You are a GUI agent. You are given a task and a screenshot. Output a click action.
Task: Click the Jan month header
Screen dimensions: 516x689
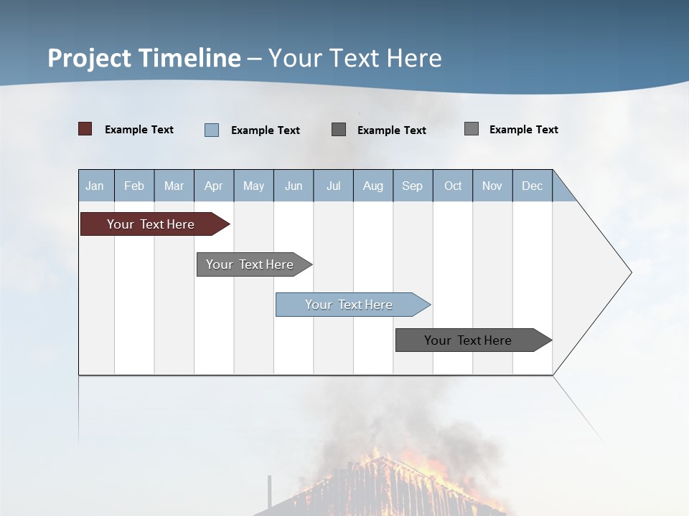pyautogui.click(x=95, y=186)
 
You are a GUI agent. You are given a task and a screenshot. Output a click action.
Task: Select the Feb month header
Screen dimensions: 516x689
pyautogui.click(x=134, y=186)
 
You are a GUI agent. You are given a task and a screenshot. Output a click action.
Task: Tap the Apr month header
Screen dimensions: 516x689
pyautogui.click(x=213, y=186)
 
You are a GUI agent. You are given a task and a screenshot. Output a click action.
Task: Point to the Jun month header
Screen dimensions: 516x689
pyautogui.click(x=294, y=186)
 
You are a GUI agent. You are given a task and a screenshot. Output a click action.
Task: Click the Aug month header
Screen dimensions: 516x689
pyautogui.click(x=373, y=186)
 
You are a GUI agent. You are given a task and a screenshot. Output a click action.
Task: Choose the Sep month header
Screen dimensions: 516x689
pyautogui.click(x=413, y=186)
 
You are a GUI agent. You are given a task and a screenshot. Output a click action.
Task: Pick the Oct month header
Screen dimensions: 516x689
pyautogui.click(x=453, y=186)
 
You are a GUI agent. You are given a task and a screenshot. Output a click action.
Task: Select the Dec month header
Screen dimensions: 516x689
pyautogui.click(x=533, y=186)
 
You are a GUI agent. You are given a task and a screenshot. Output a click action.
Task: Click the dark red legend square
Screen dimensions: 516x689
pyautogui.click(x=85, y=129)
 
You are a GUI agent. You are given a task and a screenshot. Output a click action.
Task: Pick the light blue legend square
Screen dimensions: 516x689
pyautogui.click(x=212, y=130)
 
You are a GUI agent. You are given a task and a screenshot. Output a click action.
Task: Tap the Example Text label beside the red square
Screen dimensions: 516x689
pyautogui.click(x=139, y=130)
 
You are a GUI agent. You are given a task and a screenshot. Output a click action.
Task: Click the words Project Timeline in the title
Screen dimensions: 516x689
pyautogui.click(x=144, y=58)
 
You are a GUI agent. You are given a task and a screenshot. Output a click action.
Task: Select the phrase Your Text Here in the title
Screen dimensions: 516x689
pyautogui.click(x=355, y=58)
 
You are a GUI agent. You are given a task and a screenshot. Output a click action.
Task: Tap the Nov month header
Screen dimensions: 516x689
pyautogui.click(x=492, y=186)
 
